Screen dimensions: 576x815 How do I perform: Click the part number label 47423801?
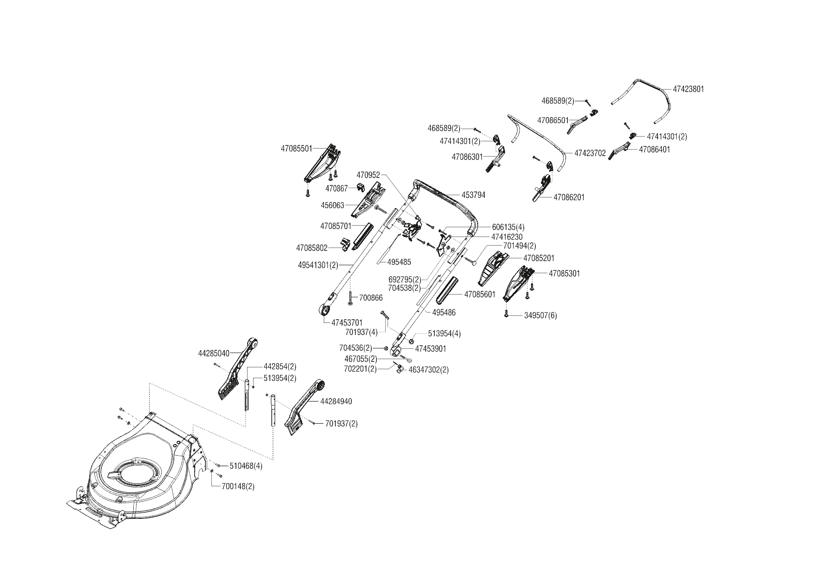point(688,89)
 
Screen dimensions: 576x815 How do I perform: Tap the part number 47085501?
point(296,149)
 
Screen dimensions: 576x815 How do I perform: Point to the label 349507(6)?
point(540,315)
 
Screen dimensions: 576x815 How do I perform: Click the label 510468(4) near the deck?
point(246,466)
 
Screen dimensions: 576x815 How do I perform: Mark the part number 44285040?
point(214,353)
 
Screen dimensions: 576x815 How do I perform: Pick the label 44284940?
point(336,401)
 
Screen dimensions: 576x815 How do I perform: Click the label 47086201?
point(569,197)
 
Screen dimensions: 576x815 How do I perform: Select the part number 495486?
point(444,313)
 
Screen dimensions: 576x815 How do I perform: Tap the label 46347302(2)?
point(428,370)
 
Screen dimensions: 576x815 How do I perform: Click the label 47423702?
point(590,153)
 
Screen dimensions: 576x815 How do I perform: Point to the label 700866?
point(371,297)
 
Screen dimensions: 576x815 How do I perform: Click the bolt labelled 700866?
point(351,298)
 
